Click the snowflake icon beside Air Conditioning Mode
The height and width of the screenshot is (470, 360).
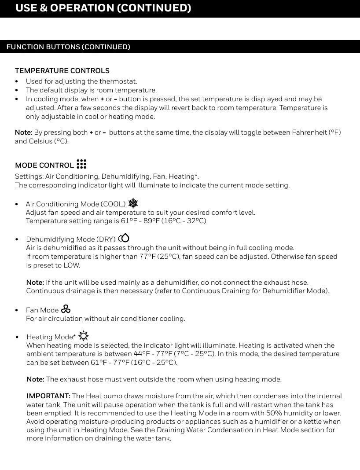133,203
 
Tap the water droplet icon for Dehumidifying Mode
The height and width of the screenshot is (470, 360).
124,238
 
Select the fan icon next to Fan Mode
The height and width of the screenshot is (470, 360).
66,309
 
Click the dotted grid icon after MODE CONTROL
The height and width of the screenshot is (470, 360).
81,164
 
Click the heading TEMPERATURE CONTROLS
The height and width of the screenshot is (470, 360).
62,70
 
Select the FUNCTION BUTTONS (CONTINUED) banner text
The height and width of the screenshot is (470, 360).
68,47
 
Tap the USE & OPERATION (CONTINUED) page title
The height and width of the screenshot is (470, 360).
103,8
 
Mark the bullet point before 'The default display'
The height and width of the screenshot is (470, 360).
17,90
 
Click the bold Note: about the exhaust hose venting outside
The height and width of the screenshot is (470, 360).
36,379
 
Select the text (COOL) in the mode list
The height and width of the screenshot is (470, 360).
113,204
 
